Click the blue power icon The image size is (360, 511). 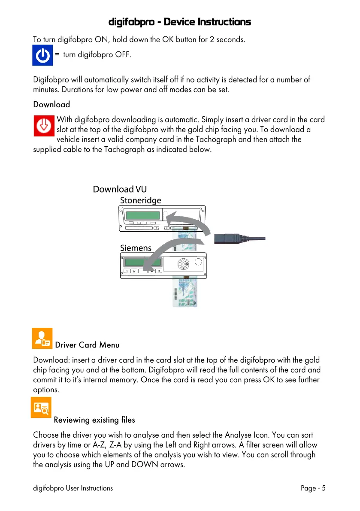42,55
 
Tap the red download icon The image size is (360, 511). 44,126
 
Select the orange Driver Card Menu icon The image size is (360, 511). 42,338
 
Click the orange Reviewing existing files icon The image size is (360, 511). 41,407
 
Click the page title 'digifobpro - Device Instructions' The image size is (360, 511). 179,22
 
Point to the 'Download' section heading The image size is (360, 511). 51,104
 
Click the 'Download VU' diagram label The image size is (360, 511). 120,189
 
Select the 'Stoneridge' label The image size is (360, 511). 140,200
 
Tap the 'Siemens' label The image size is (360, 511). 136,248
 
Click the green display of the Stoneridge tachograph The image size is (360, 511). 143,215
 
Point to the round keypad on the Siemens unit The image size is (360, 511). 183,263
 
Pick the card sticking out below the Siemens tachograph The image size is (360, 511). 185,292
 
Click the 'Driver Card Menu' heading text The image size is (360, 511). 87,345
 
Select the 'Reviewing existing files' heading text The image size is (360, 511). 94,420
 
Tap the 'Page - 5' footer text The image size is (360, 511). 313,488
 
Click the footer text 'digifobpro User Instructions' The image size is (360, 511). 73,488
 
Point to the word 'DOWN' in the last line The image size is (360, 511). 145,464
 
